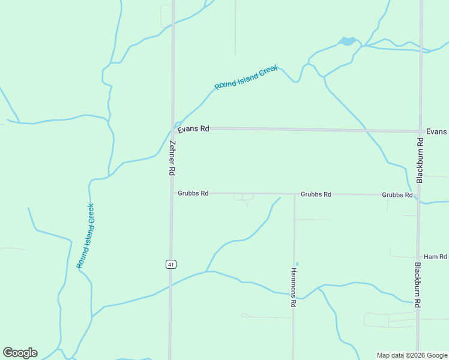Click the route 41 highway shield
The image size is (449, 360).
(x=170, y=264)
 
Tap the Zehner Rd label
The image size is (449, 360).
(x=172, y=158)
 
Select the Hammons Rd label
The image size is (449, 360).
(x=294, y=287)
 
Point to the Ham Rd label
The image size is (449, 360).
(x=435, y=257)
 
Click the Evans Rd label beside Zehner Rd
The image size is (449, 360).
(x=193, y=128)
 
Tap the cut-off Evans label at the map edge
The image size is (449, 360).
(x=436, y=131)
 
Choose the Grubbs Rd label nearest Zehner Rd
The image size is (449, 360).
(x=193, y=193)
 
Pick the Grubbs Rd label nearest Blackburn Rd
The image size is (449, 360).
(x=397, y=195)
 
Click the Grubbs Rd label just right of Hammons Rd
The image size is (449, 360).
(x=316, y=194)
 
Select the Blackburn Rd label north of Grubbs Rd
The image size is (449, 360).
(x=420, y=160)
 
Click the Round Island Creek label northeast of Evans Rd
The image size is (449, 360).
(x=246, y=78)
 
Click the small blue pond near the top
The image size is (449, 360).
(x=347, y=41)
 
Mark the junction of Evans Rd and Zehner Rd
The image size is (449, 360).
(x=173, y=128)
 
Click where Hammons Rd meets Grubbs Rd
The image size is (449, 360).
(x=294, y=194)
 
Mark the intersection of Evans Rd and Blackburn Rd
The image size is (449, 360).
(x=420, y=131)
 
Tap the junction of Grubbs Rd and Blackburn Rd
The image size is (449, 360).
(x=419, y=196)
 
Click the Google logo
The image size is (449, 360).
(x=20, y=353)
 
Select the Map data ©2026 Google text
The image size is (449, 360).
(x=412, y=355)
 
